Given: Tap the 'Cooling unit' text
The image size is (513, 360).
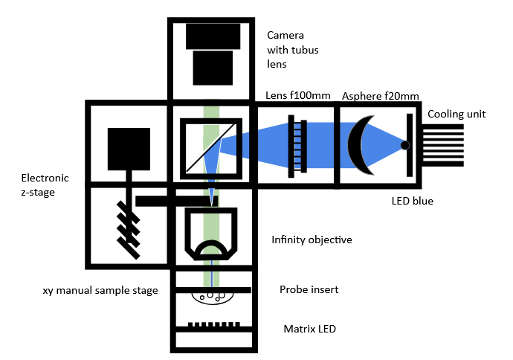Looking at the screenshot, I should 456,114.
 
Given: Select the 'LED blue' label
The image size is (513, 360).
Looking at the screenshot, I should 413,201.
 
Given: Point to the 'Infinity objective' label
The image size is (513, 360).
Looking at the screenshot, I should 312,240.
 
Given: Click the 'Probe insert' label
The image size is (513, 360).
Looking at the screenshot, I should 309,289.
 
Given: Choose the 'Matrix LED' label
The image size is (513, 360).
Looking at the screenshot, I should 306,328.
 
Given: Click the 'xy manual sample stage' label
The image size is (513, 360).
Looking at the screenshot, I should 100,290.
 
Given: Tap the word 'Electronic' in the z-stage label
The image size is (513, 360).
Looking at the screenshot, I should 45,178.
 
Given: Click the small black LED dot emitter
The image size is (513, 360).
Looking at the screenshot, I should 405,145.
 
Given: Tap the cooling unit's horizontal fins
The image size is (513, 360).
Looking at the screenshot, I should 445,145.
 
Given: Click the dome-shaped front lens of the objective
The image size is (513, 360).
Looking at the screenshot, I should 212,248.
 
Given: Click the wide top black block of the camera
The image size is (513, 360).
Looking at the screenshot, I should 213,36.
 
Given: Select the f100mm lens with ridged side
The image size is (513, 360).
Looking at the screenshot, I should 295,145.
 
